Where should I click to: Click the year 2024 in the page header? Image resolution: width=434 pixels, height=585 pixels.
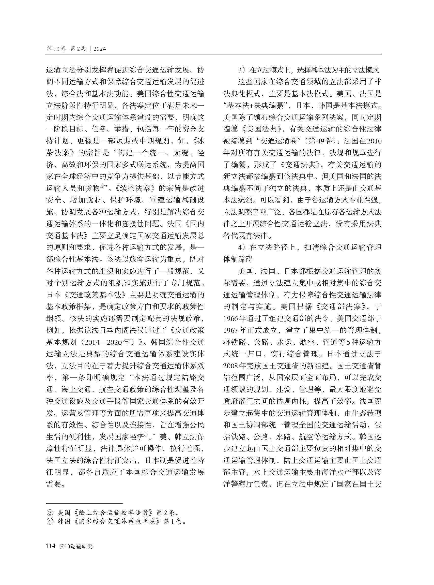point(100,49)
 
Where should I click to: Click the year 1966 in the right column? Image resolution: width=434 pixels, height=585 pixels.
point(231,319)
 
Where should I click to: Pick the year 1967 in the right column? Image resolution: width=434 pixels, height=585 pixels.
point(231,330)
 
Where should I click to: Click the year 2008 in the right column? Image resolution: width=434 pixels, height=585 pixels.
point(231,366)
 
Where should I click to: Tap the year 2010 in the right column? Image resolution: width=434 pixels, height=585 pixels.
point(374,141)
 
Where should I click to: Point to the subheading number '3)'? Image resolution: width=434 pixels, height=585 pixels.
point(241,70)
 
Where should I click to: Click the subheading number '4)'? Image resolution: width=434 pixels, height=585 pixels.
point(241,247)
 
